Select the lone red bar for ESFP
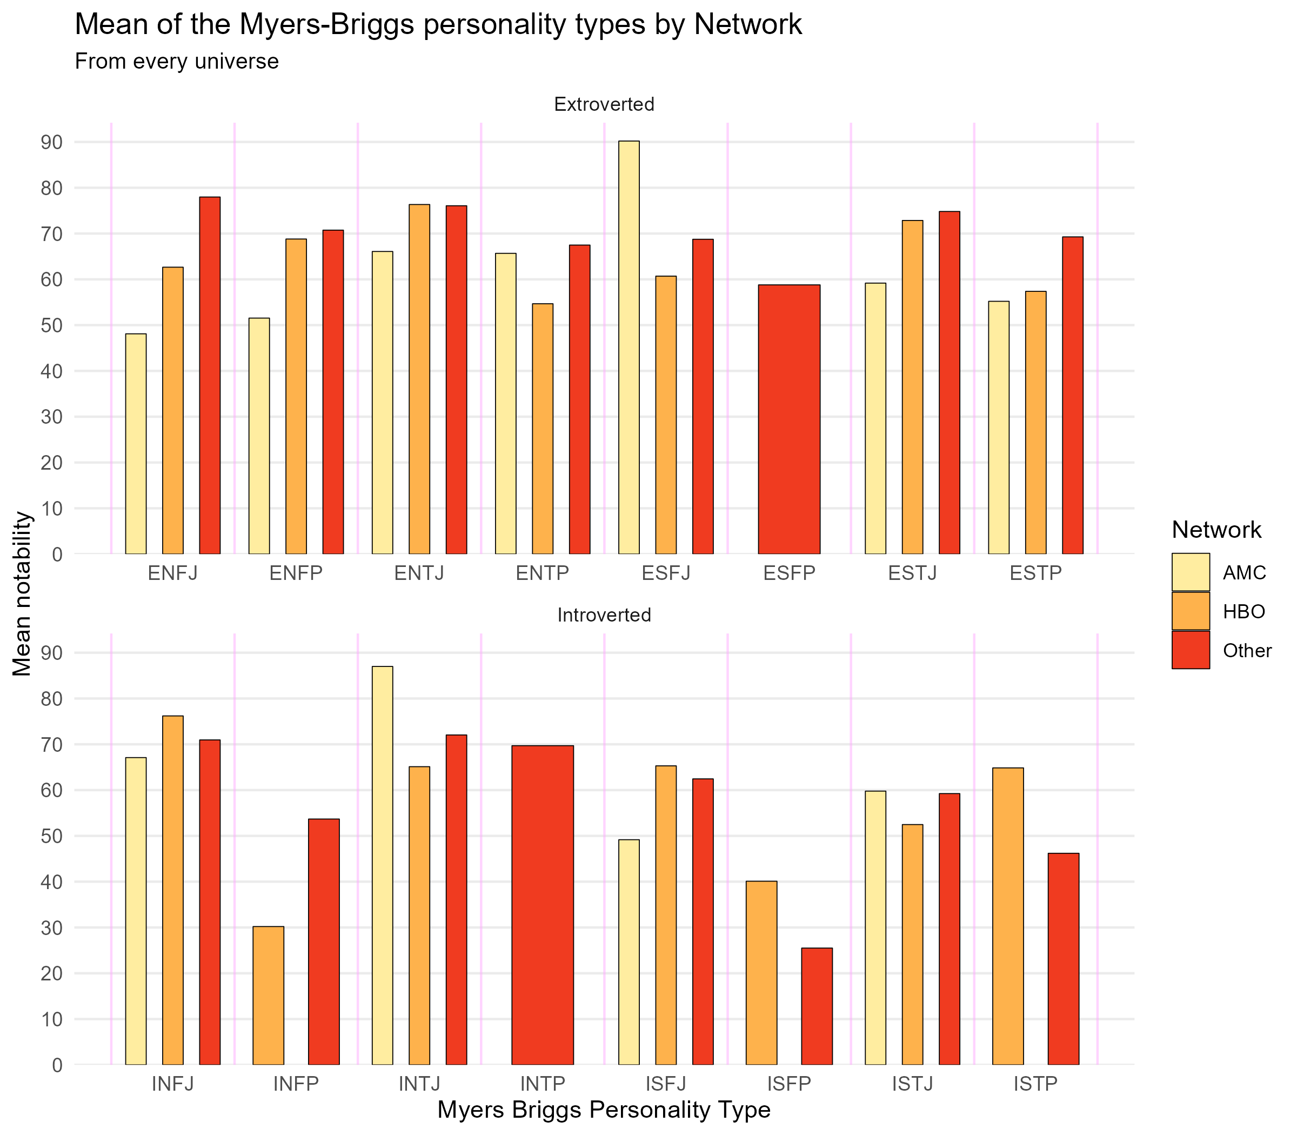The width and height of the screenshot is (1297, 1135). point(789,419)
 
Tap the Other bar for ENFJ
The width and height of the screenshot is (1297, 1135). point(210,375)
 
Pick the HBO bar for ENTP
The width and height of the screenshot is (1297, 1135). point(542,429)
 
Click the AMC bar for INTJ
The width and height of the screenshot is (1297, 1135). point(382,865)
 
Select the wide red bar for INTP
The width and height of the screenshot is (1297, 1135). point(542,905)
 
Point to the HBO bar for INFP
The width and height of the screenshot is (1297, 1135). point(268,996)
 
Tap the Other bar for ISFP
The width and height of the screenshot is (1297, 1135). point(817,1006)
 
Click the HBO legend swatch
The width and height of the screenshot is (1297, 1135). point(1190,611)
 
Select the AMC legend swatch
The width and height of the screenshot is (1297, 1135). point(1190,572)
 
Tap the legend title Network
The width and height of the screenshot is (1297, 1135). point(1216,530)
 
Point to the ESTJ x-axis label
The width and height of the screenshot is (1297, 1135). point(912,573)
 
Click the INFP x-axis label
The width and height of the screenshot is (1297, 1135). point(296,1084)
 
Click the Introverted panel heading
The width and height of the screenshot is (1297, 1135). point(604,615)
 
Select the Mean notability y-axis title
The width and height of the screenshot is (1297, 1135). point(22,593)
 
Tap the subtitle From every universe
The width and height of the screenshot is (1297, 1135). point(177,62)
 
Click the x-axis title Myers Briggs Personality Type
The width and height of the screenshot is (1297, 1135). point(604,1110)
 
